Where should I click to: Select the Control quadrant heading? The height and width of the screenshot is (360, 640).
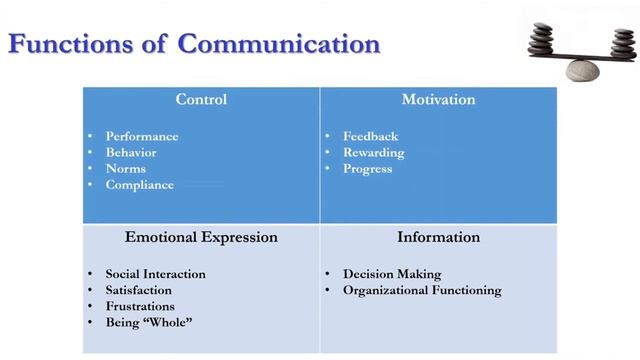(201, 100)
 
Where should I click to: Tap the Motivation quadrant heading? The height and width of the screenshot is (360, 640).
(438, 100)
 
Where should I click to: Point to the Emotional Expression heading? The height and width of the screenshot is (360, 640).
(201, 238)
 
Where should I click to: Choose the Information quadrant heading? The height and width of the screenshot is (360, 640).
(438, 238)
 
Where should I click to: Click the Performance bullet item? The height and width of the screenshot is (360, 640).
(142, 137)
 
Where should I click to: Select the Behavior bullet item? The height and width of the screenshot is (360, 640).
(131, 153)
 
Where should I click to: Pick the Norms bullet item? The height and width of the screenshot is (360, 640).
(126, 169)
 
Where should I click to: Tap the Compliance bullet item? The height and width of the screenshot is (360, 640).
(139, 185)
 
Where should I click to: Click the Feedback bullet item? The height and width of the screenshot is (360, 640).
(370, 137)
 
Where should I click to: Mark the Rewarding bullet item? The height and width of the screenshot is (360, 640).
(373, 153)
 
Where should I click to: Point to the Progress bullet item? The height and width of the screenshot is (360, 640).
(367, 169)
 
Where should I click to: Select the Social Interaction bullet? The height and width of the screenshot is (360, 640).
(155, 274)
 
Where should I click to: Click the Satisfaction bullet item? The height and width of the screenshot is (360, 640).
(140, 290)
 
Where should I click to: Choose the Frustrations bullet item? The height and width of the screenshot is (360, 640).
(140, 306)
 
